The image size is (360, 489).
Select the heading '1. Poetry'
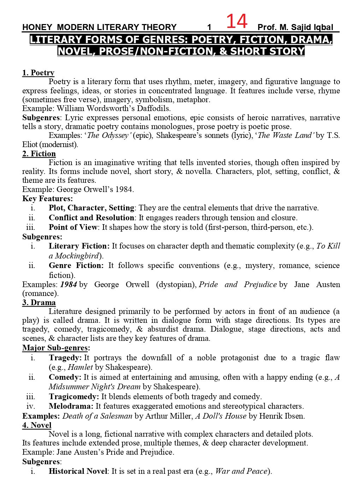click(38, 73)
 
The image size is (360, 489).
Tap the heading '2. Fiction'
click(39, 153)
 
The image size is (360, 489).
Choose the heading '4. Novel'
click(37, 425)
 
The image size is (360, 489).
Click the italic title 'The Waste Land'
click(285, 135)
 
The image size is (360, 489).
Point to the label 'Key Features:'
click(48, 198)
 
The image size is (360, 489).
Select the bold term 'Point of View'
click(73, 227)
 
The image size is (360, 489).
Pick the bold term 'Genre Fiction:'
click(76, 265)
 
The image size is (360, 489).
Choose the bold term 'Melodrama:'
click(71, 406)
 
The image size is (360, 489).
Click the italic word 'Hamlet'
click(80, 367)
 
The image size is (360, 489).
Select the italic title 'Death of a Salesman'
click(97, 416)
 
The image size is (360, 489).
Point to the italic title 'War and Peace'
click(241, 471)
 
